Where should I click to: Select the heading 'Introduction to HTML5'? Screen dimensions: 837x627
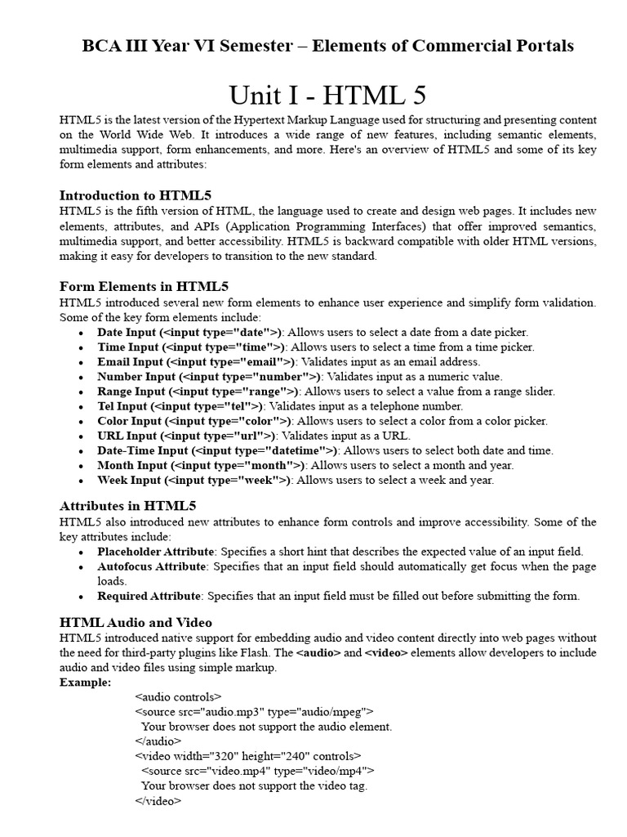136,195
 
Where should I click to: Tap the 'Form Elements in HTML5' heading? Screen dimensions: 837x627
144,286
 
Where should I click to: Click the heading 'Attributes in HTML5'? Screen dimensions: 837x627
128,506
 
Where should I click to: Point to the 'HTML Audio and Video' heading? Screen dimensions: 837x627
136,622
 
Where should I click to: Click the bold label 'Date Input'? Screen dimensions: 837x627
127,333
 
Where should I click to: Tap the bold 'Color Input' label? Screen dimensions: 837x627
130,421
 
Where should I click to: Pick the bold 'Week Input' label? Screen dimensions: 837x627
129,481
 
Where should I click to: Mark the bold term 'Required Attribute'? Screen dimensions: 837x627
149,596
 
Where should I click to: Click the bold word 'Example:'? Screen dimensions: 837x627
86,683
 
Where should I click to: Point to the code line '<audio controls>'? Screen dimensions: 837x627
177,697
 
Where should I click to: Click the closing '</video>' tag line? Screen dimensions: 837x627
158,801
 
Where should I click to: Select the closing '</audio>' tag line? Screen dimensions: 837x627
158,741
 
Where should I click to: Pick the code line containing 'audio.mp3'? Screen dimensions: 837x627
254,712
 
